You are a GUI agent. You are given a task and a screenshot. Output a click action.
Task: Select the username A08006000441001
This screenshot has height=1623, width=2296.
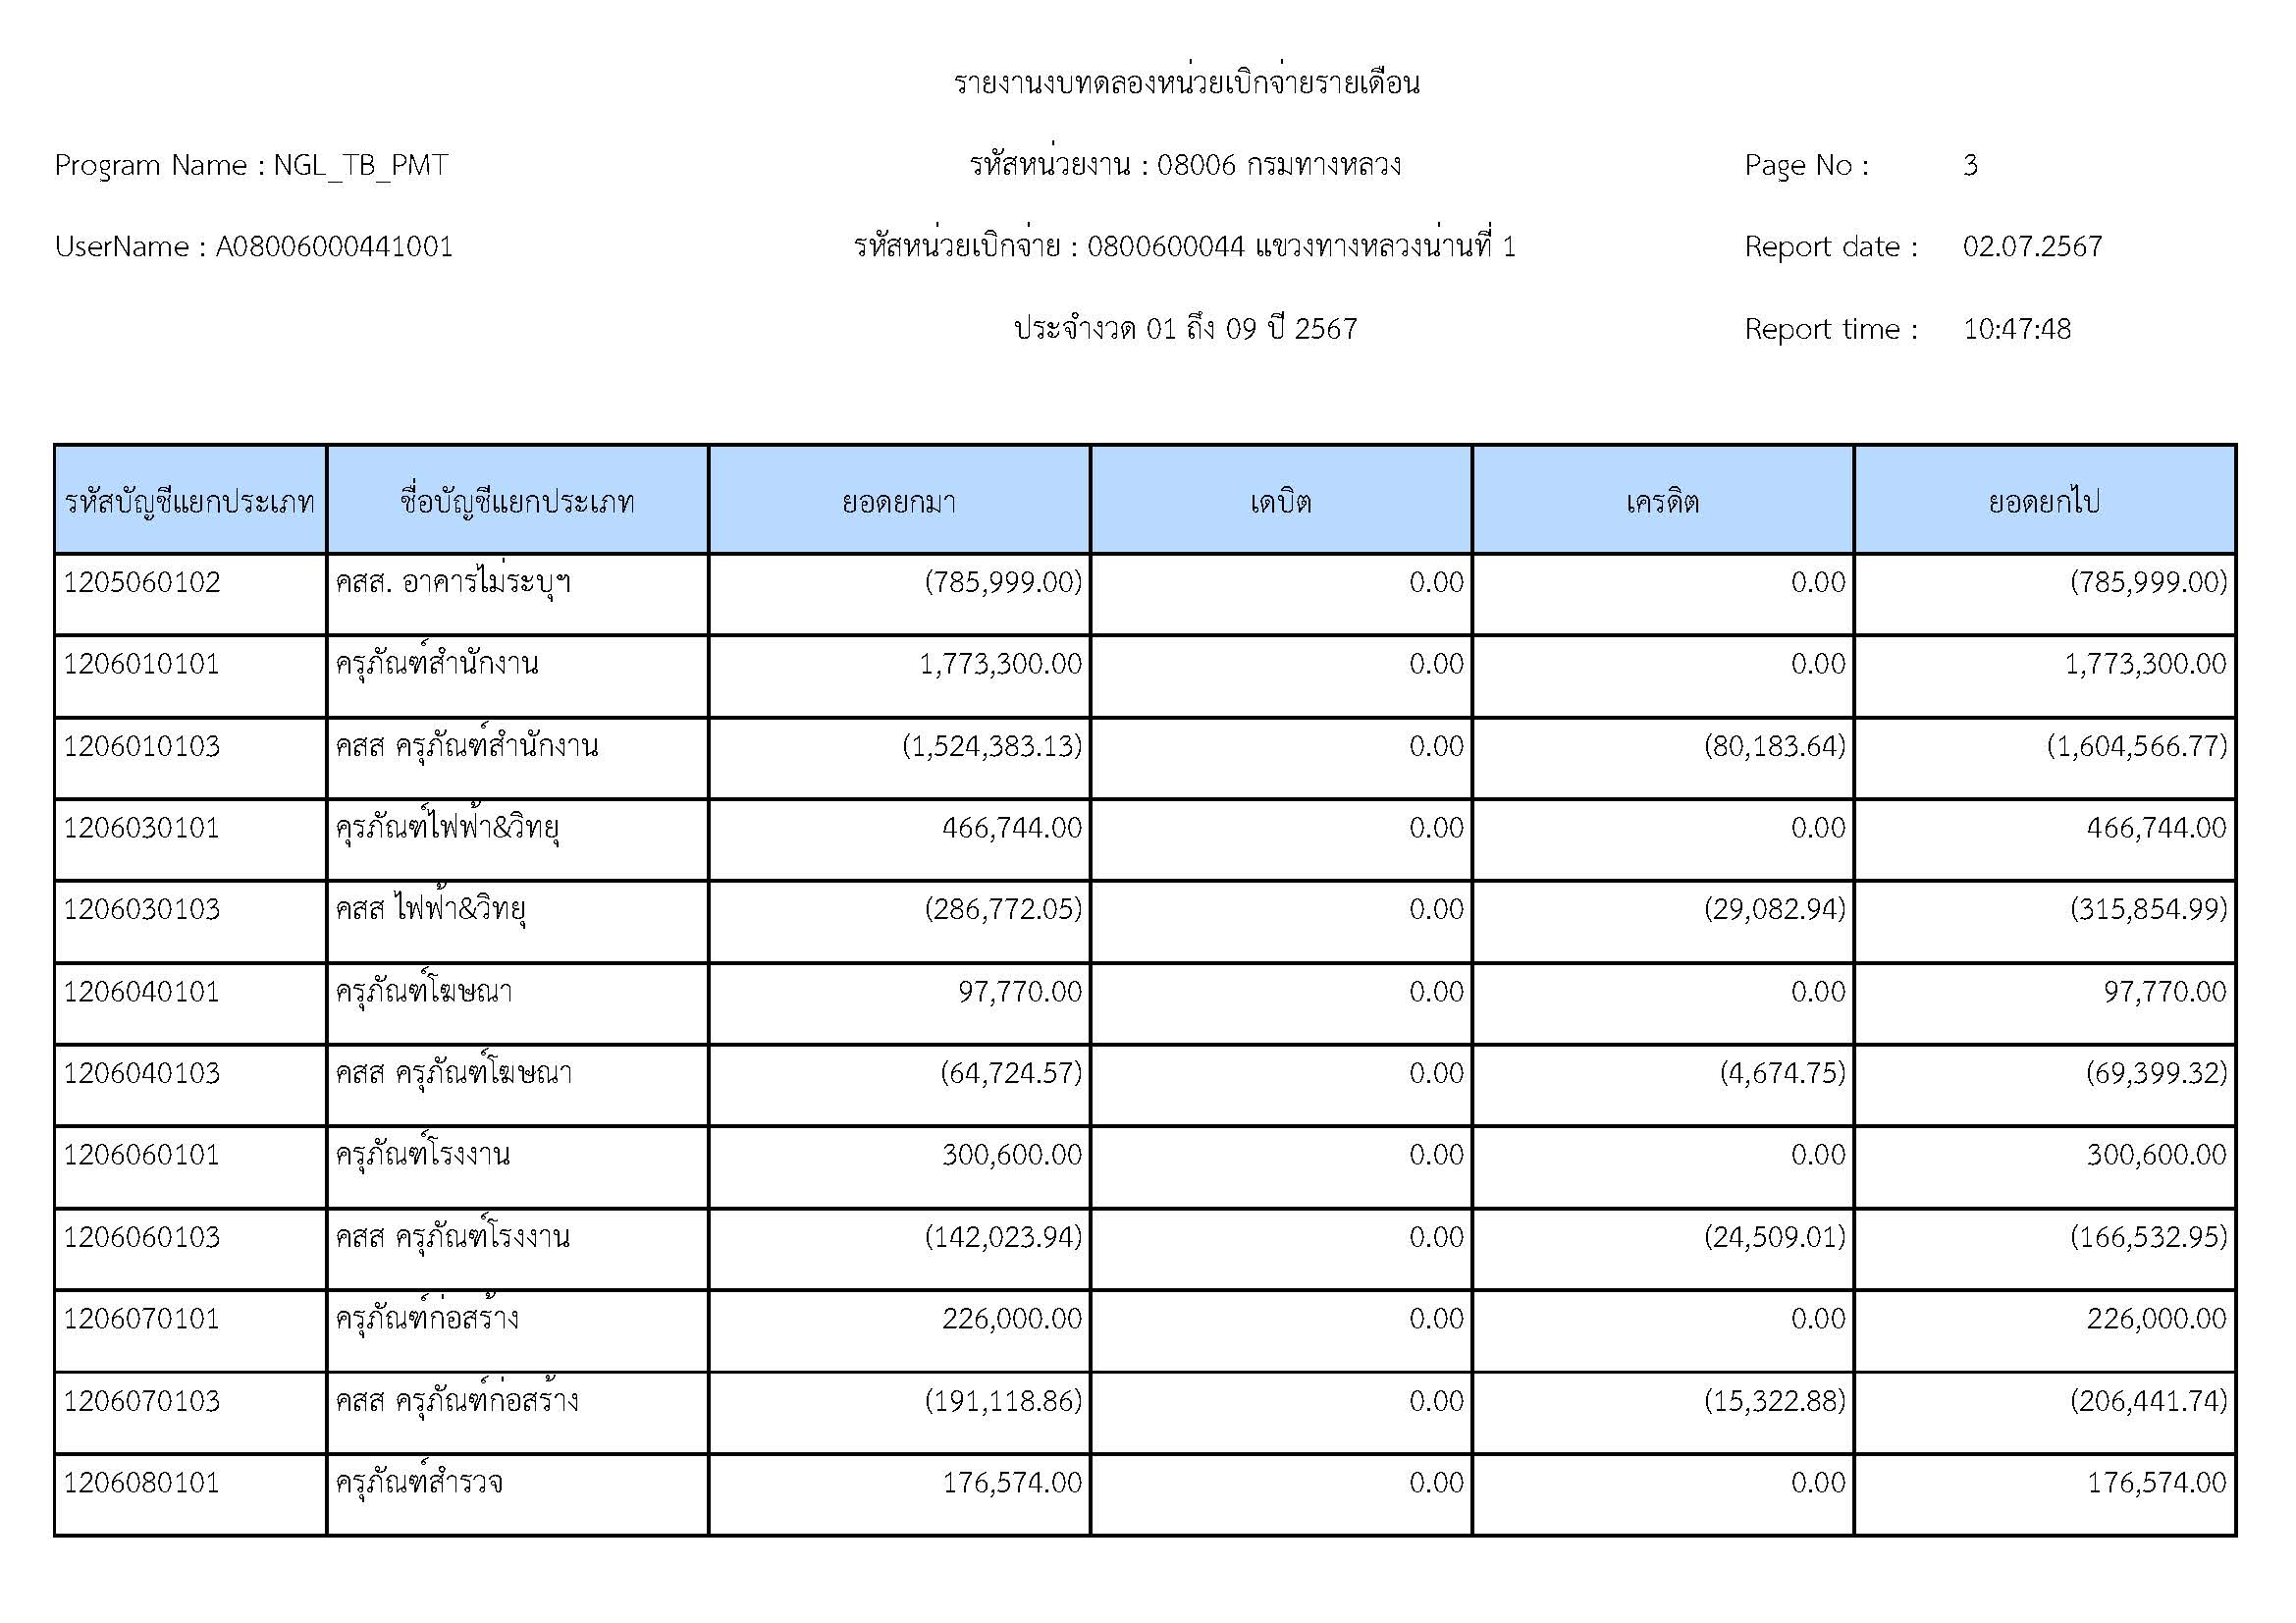click(334, 247)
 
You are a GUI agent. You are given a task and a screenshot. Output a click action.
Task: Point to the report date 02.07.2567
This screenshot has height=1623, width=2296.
click(2032, 247)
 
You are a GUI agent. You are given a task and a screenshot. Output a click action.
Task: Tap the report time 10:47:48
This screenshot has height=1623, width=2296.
click(2016, 329)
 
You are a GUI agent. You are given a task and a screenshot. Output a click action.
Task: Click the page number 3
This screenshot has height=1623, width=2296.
click(1970, 165)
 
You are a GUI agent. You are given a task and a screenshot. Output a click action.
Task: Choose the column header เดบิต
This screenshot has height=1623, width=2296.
click(1280, 501)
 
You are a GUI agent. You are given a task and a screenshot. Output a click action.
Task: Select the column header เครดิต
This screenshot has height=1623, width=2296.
click(1662, 501)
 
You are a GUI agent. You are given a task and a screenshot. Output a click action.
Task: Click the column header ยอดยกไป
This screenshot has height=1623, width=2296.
click(2044, 501)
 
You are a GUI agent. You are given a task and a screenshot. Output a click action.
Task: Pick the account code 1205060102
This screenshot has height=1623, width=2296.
click(142, 582)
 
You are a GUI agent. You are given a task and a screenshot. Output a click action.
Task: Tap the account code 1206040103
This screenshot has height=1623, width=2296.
click(142, 1073)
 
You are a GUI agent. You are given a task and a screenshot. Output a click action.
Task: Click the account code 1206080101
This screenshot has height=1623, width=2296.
click(142, 1482)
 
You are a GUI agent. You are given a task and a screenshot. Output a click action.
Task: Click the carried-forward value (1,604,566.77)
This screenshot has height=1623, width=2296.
click(2137, 746)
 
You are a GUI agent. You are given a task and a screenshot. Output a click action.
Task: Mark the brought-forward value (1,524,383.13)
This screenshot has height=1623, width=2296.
click(992, 746)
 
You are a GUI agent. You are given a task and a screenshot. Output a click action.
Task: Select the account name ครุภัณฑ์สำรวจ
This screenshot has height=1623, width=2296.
click(419, 1482)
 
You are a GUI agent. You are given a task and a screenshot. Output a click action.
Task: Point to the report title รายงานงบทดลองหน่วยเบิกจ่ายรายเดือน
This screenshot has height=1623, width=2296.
click(1186, 83)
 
